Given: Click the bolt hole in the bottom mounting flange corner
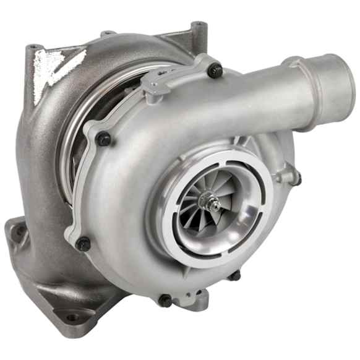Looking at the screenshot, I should tap(74, 318).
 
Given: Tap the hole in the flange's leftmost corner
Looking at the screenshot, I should tap(20, 231).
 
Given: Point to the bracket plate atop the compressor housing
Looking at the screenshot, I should tap(173, 77).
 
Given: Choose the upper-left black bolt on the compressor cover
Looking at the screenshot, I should tap(103, 139).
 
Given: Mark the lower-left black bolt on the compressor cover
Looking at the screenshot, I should tap(83, 243).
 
